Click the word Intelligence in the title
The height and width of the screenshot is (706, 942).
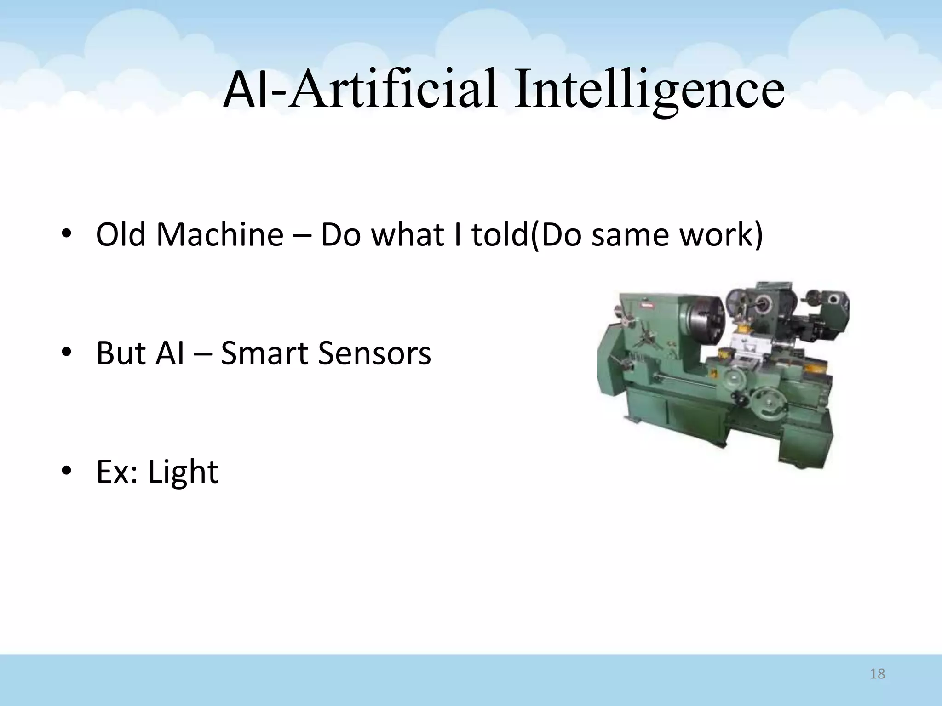coord(649,90)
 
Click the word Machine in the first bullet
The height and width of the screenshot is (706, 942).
coord(220,234)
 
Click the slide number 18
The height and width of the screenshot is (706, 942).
coord(877,674)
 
